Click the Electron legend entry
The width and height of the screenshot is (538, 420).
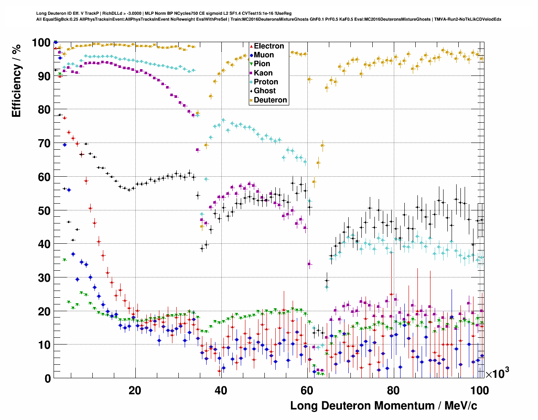pos(269,46)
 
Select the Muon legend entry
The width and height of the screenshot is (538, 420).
pos(264,55)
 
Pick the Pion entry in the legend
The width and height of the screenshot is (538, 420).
pos(262,64)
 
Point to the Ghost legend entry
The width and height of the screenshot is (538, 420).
pos(264,91)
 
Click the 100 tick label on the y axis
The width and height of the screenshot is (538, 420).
pos(41,43)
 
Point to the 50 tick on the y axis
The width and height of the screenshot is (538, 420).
pos(44,210)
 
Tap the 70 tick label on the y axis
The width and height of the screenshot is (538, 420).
pos(44,143)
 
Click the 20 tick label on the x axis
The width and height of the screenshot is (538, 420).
pos(135,390)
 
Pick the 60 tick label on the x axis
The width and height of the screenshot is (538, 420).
pos(307,390)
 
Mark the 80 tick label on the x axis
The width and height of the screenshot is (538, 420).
pos(393,390)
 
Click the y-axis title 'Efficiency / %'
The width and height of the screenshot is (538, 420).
pos(16,81)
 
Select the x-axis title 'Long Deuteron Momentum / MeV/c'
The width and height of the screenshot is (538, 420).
pos(384,406)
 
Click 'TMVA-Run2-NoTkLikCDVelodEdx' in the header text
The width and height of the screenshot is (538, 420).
pos(468,19)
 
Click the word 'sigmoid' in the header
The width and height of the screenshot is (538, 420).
pos(205,13)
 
